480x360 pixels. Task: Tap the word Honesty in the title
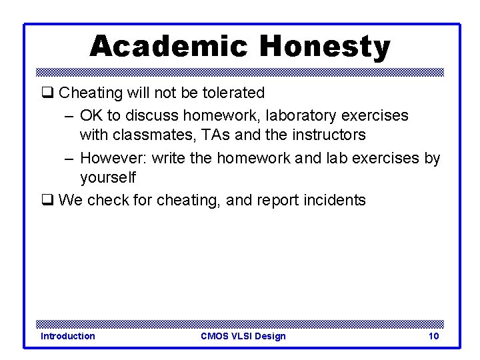(x=325, y=47)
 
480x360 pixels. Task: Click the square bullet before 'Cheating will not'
(x=47, y=93)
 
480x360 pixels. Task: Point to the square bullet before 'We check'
(x=47, y=200)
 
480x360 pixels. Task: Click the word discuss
(x=152, y=115)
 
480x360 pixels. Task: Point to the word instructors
(x=327, y=135)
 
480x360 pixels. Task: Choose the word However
(x=113, y=158)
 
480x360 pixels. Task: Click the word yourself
(x=107, y=177)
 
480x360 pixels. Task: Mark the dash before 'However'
(x=69, y=158)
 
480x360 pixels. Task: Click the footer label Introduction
(x=68, y=336)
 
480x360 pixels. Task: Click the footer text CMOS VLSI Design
(x=243, y=336)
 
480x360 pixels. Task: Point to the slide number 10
(x=433, y=336)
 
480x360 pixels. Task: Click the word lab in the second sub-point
(x=337, y=158)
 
